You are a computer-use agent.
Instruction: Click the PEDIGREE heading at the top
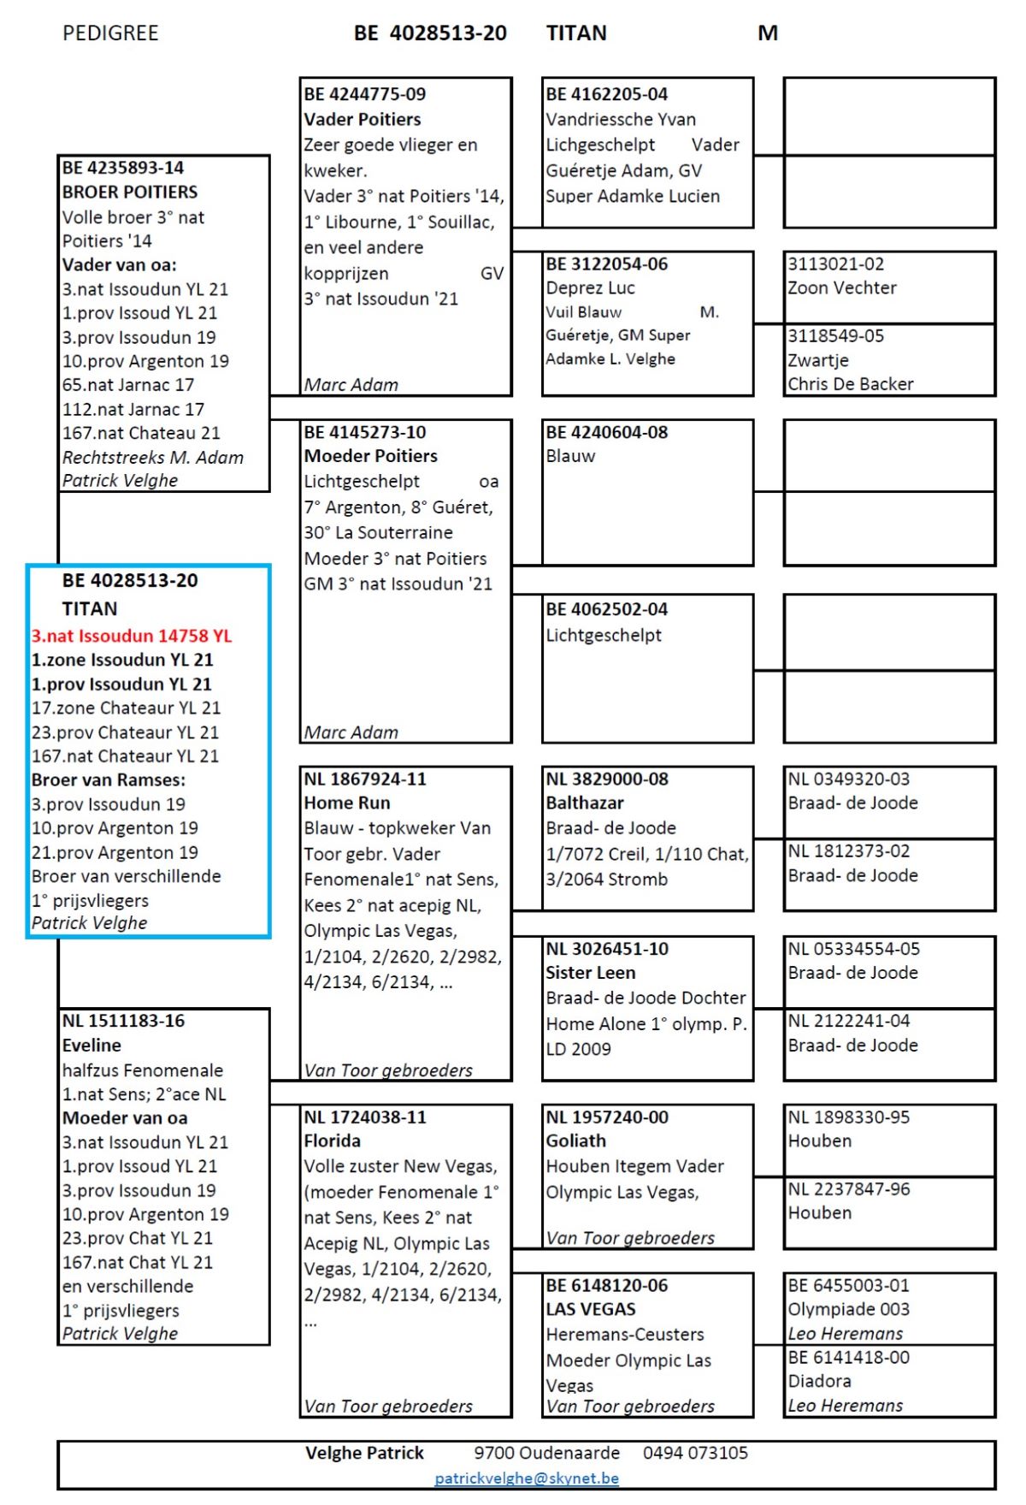click(x=110, y=33)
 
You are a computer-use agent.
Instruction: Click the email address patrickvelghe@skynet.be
click(x=526, y=1478)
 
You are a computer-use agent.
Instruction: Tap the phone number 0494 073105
click(x=695, y=1453)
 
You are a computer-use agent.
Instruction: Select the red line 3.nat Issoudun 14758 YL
click(x=132, y=636)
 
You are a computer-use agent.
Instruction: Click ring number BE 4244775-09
click(x=365, y=94)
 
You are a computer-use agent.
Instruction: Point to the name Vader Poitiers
click(x=363, y=119)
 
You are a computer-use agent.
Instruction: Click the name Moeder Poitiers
click(x=371, y=456)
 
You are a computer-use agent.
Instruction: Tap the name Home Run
click(x=347, y=803)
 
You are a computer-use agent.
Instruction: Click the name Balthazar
click(x=585, y=803)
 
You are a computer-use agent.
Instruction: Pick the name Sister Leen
click(x=591, y=973)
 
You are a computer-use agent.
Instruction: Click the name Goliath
click(x=576, y=1141)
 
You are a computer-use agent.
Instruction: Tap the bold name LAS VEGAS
click(x=591, y=1309)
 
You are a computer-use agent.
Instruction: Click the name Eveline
click(x=91, y=1045)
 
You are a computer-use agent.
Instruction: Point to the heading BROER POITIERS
click(x=130, y=192)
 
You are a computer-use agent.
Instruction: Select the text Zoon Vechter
click(x=842, y=287)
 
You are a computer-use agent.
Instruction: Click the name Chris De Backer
click(x=851, y=384)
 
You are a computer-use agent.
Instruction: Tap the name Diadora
click(x=819, y=1381)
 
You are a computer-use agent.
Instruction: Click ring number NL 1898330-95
click(x=849, y=1117)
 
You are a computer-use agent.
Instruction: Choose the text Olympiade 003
click(x=849, y=1309)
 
